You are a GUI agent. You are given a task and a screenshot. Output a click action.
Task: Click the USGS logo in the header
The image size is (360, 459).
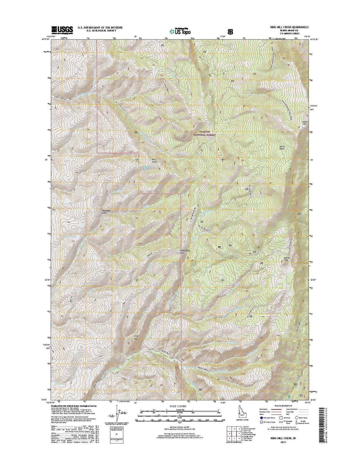click(62, 29)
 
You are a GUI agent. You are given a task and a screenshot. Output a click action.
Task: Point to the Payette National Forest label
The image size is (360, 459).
click(205, 133)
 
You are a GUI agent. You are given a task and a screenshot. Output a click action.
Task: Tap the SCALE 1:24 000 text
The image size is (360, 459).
click(180, 406)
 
